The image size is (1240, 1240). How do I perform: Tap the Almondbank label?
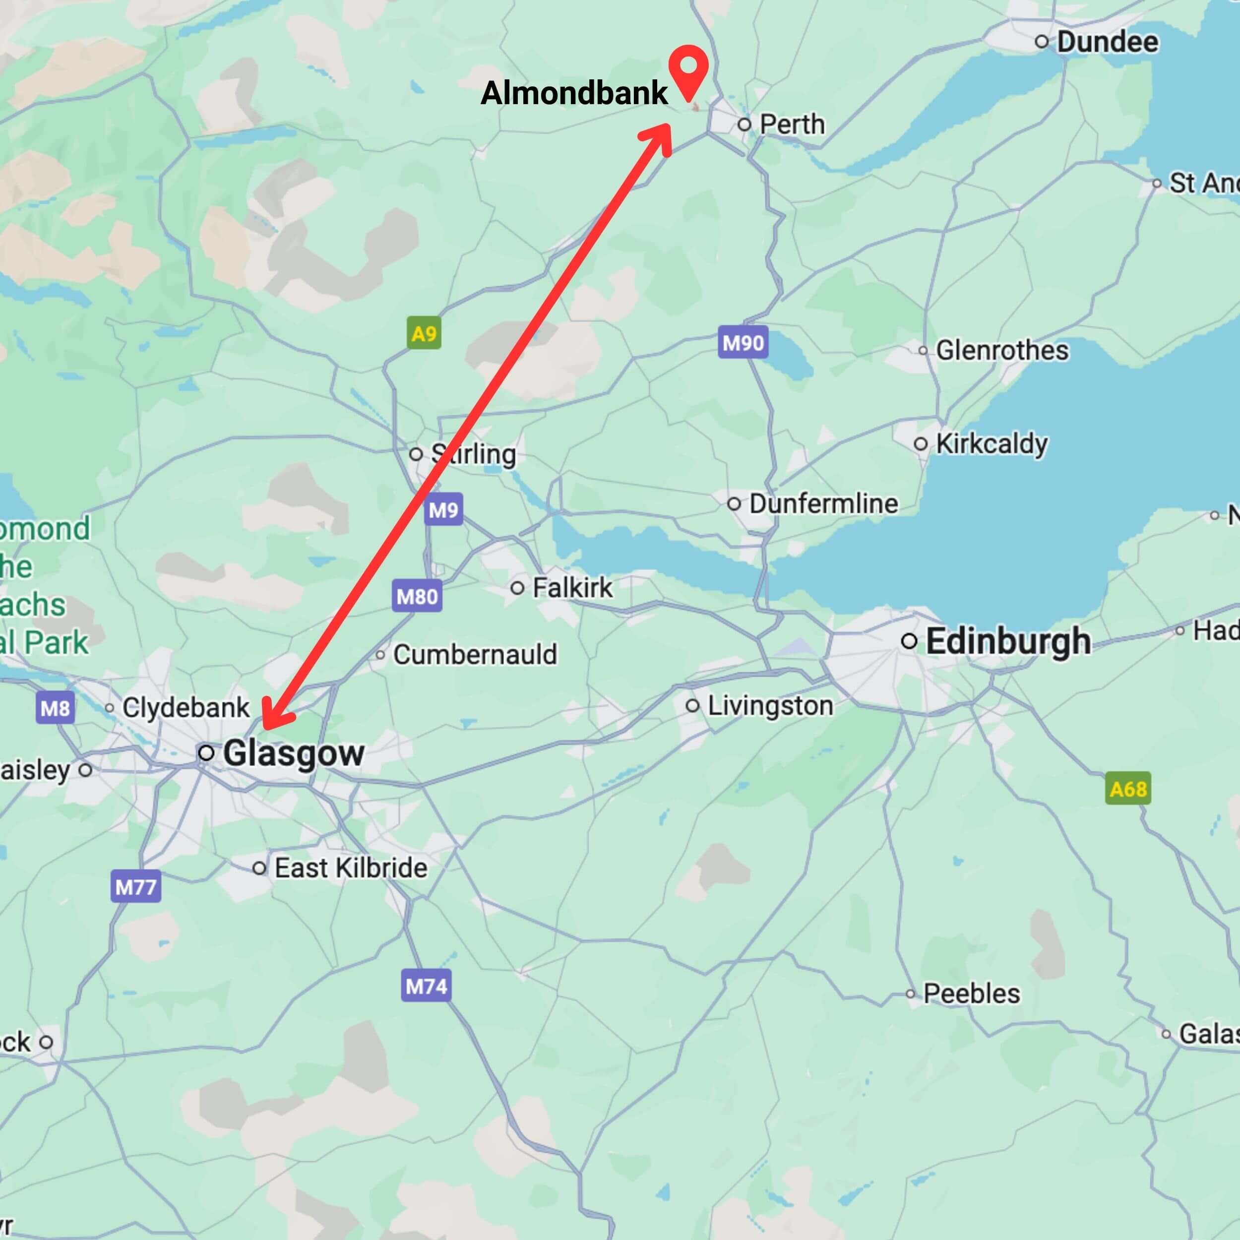tap(574, 93)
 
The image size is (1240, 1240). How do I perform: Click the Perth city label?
tap(791, 124)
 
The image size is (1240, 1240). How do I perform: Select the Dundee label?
tap(1107, 42)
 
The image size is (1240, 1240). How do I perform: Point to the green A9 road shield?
tap(424, 333)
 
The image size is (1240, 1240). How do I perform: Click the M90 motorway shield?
tap(743, 343)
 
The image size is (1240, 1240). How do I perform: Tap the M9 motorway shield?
tap(443, 510)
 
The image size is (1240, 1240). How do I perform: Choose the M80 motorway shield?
tap(417, 596)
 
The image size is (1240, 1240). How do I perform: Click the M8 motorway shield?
tap(55, 708)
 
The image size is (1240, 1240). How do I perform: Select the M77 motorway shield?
tap(135, 887)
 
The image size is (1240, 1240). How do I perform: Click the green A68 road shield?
tap(1128, 788)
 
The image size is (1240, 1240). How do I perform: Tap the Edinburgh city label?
tap(1008, 641)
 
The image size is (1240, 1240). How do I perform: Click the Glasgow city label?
tap(293, 753)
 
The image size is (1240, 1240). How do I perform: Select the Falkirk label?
tap(572, 587)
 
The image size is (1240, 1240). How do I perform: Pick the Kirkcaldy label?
tap(992, 443)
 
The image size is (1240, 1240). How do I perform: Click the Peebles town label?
tap(971, 993)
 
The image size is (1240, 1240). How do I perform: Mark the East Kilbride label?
tap(351, 868)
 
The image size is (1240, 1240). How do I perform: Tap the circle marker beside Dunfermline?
tap(734, 504)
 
